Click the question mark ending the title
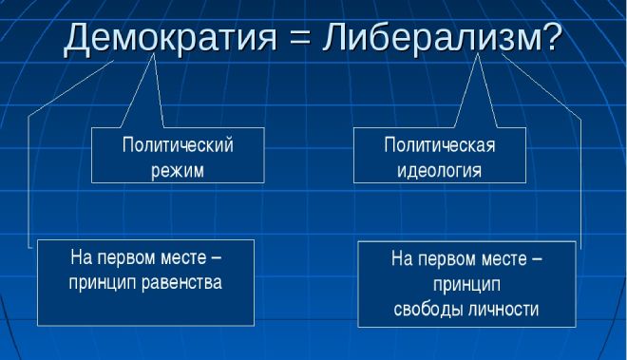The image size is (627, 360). [x=549, y=37]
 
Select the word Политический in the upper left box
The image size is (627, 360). [x=178, y=145]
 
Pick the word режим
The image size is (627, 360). [x=178, y=171]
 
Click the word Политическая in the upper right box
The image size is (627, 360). [x=440, y=145]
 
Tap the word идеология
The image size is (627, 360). [x=440, y=171]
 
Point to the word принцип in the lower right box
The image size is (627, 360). [x=466, y=284]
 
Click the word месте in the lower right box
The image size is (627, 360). [x=499, y=258]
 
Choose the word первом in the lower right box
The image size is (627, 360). [x=449, y=258]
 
